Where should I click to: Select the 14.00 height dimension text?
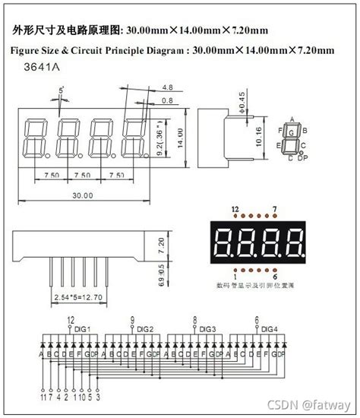[x=181, y=138]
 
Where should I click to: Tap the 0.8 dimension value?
[x=167, y=100]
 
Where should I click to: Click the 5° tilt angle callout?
[x=62, y=92]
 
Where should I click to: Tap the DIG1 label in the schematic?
[x=82, y=328]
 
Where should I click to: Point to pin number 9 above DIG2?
[x=132, y=320]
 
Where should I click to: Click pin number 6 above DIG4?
[x=257, y=320]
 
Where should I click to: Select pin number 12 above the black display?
[x=235, y=207]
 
